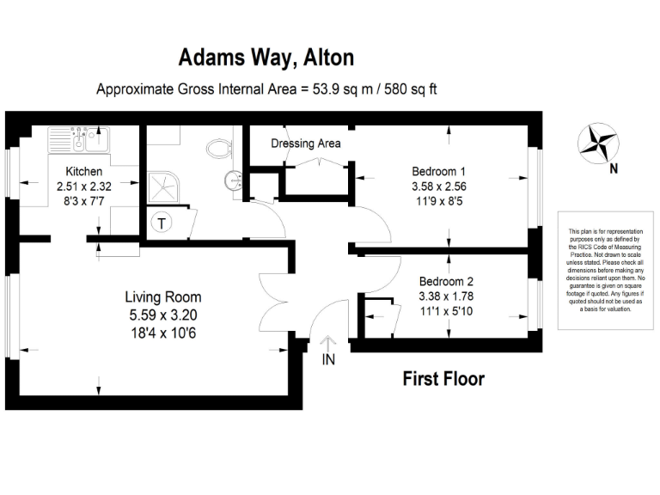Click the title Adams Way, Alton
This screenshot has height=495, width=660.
pos(266,58)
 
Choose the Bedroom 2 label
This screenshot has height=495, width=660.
pos(446,282)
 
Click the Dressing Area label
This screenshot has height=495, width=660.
pos(306,144)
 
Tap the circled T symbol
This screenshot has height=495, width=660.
pos(160,223)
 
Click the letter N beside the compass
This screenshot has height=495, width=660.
pos(614,169)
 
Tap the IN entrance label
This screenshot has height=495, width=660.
pos(327,360)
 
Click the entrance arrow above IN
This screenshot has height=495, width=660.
pos(327,340)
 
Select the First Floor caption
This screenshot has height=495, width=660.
pos(444,378)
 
